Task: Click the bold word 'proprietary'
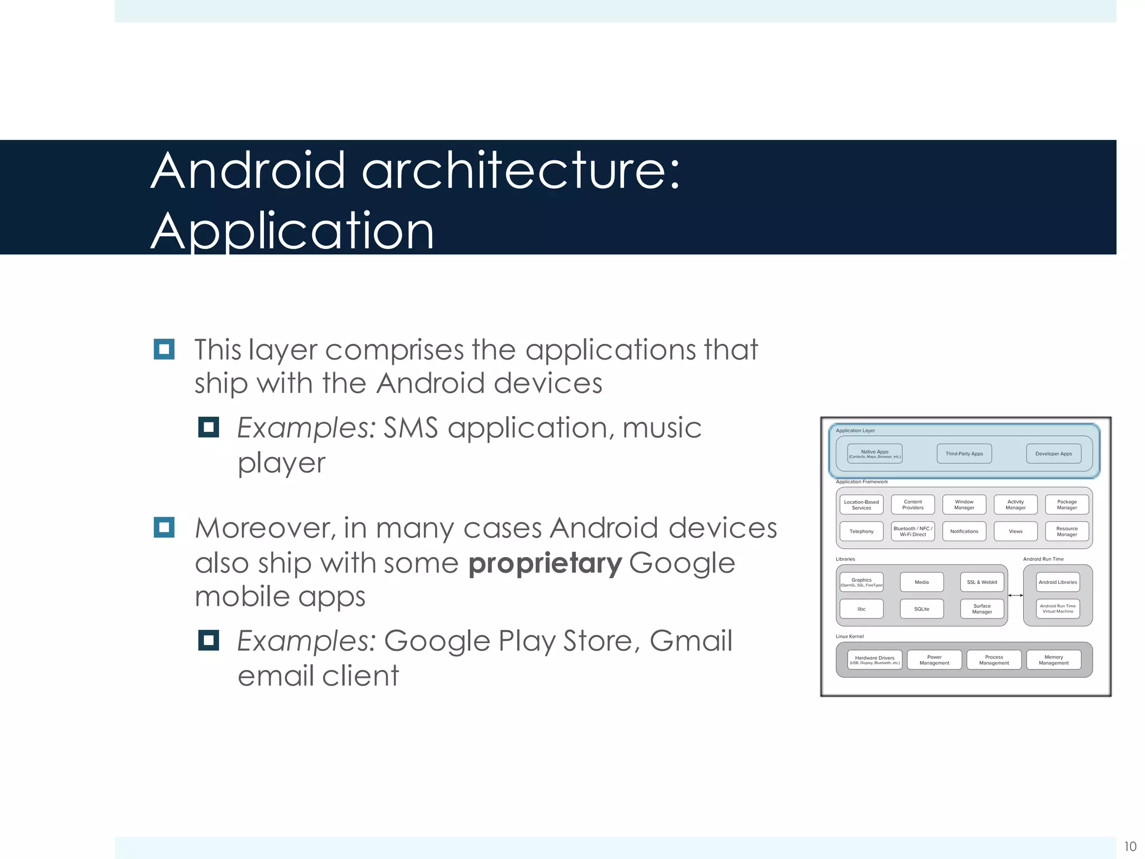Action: [x=545, y=563]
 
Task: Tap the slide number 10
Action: [x=1130, y=846]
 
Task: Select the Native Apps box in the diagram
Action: [x=874, y=454]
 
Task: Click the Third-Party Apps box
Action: [x=964, y=454]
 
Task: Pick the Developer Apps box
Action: [x=1053, y=454]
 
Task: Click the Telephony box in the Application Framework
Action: [x=861, y=531]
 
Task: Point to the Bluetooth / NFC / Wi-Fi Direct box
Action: [x=912, y=531]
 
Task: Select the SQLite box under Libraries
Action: [x=921, y=608]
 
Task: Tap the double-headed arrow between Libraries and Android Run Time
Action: [x=1015, y=596]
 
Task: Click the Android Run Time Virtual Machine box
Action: [x=1057, y=608]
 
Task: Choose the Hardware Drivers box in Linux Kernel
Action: [x=874, y=660]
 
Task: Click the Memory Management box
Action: [x=1053, y=660]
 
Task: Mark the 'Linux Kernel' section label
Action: [x=849, y=636]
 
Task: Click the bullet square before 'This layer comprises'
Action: [x=164, y=350]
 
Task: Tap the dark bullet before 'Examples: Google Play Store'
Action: [x=208, y=640]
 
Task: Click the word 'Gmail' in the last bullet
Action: [x=690, y=641]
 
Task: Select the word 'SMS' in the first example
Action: [x=410, y=428]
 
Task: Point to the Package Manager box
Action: [x=1067, y=504]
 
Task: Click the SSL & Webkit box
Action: [x=982, y=582]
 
